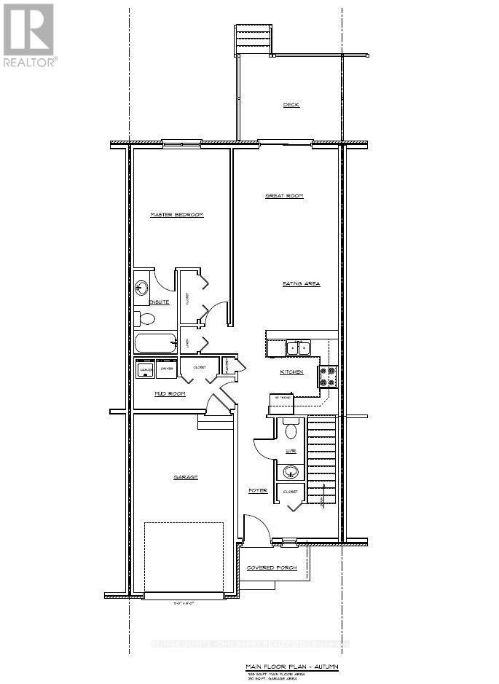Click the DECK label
pyautogui.click(x=291, y=105)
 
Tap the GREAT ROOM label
pyautogui.click(x=283, y=196)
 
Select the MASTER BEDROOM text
pyautogui.click(x=176, y=215)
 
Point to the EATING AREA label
pyautogui.click(x=302, y=283)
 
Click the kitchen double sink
pyautogui.click(x=298, y=348)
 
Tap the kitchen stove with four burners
pyautogui.click(x=327, y=375)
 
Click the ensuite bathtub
pyautogui.click(x=155, y=343)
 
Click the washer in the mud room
pyautogui.click(x=145, y=370)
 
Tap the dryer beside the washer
pyautogui.click(x=166, y=370)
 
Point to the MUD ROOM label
pyautogui.click(x=170, y=393)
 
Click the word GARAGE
pyautogui.click(x=186, y=477)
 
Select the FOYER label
pyautogui.click(x=258, y=490)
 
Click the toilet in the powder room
pyautogui.click(x=291, y=431)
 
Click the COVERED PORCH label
pyautogui.click(x=272, y=567)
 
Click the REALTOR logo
pyautogui.click(x=29, y=35)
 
